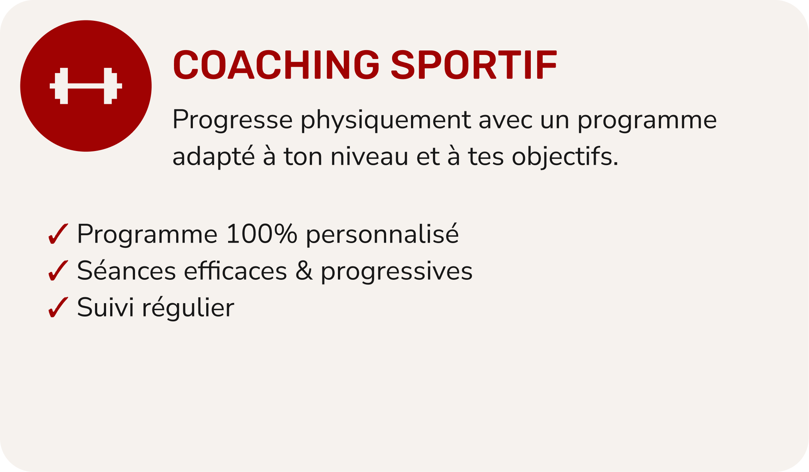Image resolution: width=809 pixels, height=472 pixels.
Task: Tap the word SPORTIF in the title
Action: (474, 65)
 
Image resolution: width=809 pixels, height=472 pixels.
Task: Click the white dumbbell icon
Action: (86, 86)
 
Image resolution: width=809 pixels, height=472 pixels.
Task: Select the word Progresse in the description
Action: (233, 119)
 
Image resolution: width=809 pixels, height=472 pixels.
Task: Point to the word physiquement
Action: (385, 120)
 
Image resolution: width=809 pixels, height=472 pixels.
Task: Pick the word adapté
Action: (214, 156)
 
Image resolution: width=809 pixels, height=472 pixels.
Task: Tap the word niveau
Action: (369, 156)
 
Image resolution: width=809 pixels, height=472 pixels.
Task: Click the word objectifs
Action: (565, 156)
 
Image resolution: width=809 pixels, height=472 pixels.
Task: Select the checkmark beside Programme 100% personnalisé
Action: (58, 234)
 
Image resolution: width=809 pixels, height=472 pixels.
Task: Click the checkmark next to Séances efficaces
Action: (58, 271)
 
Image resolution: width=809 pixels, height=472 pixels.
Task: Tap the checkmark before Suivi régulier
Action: (58, 307)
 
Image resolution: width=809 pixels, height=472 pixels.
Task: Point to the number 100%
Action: (262, 234)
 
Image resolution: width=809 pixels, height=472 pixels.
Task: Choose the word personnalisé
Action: (382, 234)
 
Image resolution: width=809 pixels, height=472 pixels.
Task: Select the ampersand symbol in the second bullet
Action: (304, 271)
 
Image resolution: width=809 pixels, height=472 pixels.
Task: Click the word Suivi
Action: (106, 307)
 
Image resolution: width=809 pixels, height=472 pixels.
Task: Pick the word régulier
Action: (188, 307)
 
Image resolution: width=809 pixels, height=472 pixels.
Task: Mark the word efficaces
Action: (236, 271)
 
